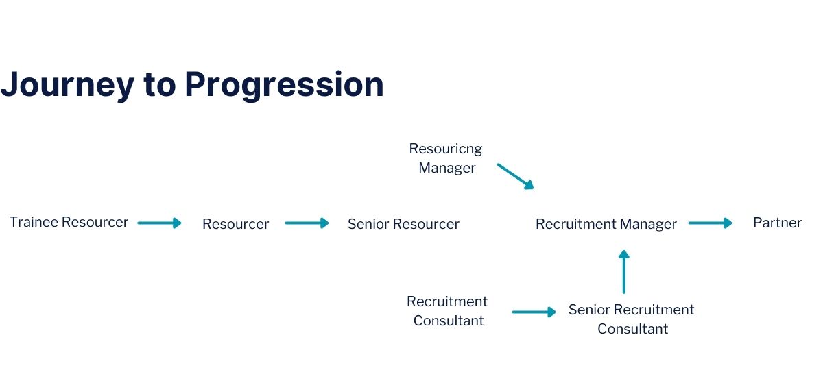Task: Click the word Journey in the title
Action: [x=67, y=84]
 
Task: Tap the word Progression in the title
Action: [x=285, y=85]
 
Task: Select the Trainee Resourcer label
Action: [x=69, y=222]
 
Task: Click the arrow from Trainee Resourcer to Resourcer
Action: [x=159, y=223]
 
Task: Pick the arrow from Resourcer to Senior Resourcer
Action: [x=307, y=223]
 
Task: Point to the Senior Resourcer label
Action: [x=403, y=224]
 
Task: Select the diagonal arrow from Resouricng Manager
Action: [x=515, y=176]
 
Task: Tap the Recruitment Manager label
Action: [x=606, y=224]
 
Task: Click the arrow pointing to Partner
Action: [x=711, y=223]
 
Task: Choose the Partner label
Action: [x=777, y=223]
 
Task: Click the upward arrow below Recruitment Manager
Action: [x=624, y=272]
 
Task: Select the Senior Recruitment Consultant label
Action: [x=632, y=319]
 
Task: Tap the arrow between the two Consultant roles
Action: [x=534, y=312]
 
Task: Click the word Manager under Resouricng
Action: [x=447, y=168]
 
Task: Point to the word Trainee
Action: [x=34, y=222]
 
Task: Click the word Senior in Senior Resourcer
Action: [x=368, y=224]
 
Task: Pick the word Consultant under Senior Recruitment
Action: [x=632, y=329]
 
